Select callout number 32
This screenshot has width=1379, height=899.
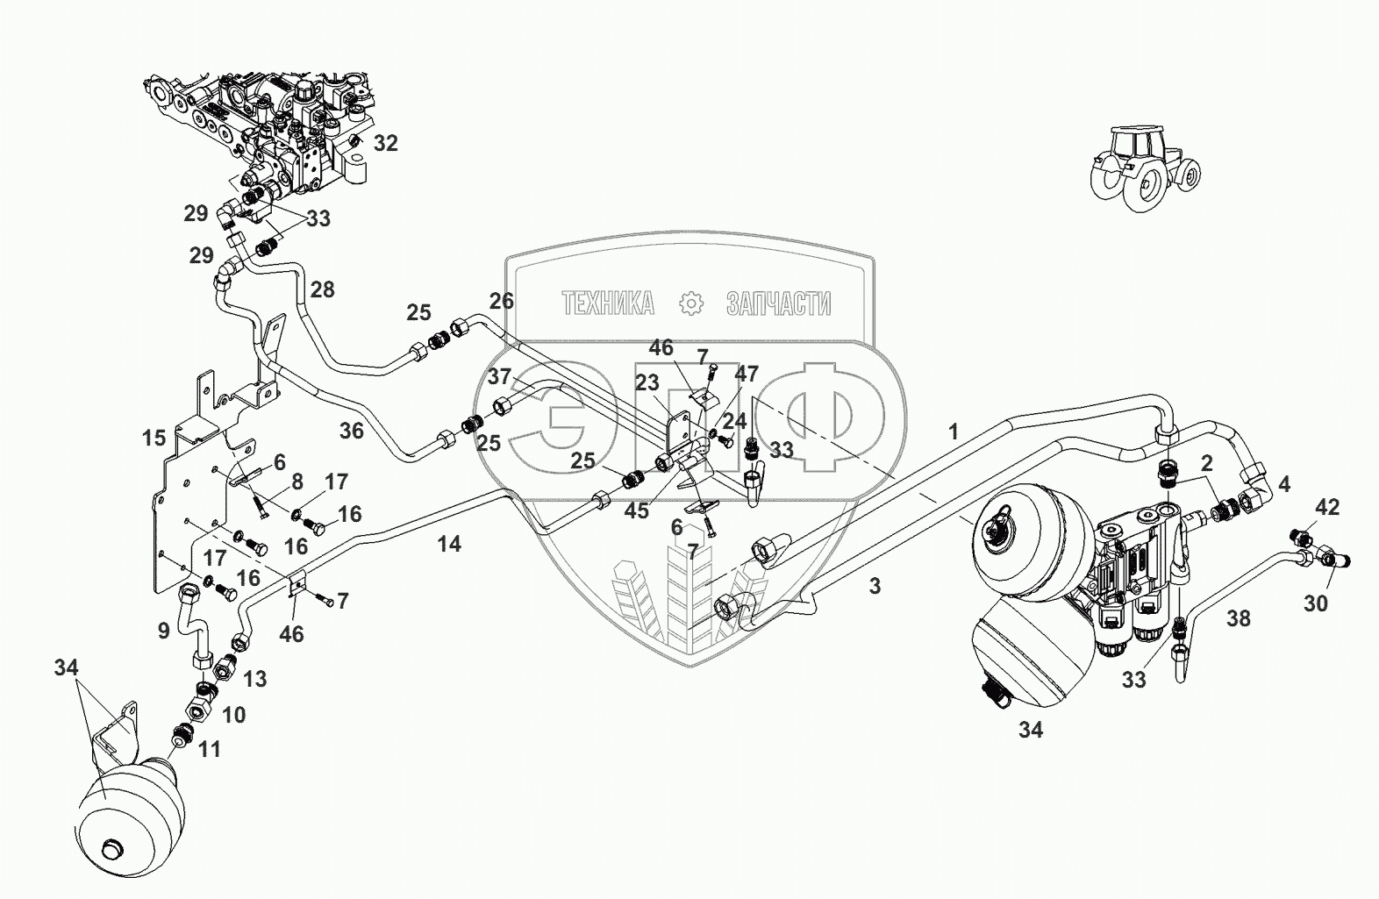(x=386, y=143)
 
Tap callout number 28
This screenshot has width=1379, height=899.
(x=323, y=289)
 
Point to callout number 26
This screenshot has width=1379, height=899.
(x=501, y=302)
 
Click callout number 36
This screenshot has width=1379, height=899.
(x=351, y=431)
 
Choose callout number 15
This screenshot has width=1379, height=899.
(x=154, y=436)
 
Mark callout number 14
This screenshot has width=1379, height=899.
(x=449, y=545)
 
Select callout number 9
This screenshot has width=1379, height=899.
(x=163, y=629)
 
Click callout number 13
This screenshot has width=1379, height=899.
(x=254, y=679)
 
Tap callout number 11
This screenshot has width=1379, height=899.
(x=209, y=749)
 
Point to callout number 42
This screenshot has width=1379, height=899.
(x=1327, y=507)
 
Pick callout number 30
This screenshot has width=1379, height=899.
(x=1316, y=603)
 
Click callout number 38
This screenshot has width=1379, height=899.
(x=1238, y=619)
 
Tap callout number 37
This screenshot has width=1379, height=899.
(x=499, y=377)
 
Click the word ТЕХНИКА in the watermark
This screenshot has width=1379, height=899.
(x=607, y=304)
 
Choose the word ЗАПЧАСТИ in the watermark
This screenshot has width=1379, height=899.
(x=778, y=304)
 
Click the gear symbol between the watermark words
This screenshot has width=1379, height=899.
(x=692, y=304)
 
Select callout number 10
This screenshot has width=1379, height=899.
(x=233, y=715)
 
